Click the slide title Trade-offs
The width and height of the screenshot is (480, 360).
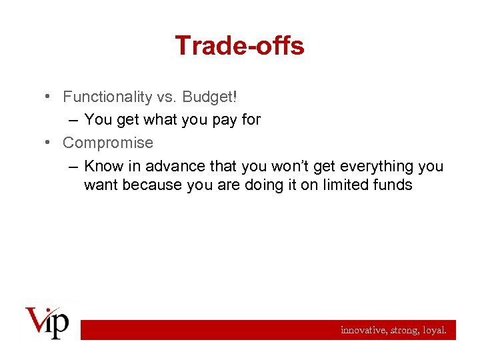tap(239, 46)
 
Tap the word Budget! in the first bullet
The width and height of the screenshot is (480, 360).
tap(210, 97)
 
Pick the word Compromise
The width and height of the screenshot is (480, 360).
tap(107, 143)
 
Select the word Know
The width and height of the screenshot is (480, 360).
tap(103, 166)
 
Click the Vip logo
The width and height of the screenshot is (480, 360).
tap(47, 323)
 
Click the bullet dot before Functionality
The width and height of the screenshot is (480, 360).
tap(50, 97)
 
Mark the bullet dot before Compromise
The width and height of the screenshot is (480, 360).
tap(50, 143)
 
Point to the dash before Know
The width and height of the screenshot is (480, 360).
tap(71, 167)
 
